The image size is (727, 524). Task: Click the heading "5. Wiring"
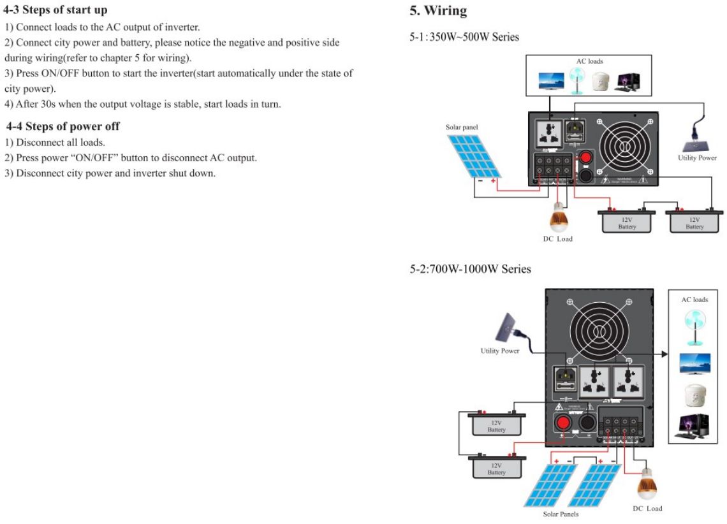pos(438,11)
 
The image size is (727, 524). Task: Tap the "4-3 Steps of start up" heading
pos(55,10)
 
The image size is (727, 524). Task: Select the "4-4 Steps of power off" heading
pos(62,126)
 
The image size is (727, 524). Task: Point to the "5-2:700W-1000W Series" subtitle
pos(470,269)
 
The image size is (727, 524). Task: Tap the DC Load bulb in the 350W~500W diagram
pos(559,218)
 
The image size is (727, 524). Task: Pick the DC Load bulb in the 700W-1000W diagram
pos(647,487)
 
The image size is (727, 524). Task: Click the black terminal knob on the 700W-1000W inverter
pos(587,423)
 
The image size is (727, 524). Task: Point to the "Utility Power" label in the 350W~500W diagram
pos(697,158)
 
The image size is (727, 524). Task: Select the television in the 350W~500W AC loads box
pos(550,82)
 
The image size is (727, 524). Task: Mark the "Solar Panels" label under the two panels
pos(561,514)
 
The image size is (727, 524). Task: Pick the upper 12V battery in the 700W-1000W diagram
pos(497,424)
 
